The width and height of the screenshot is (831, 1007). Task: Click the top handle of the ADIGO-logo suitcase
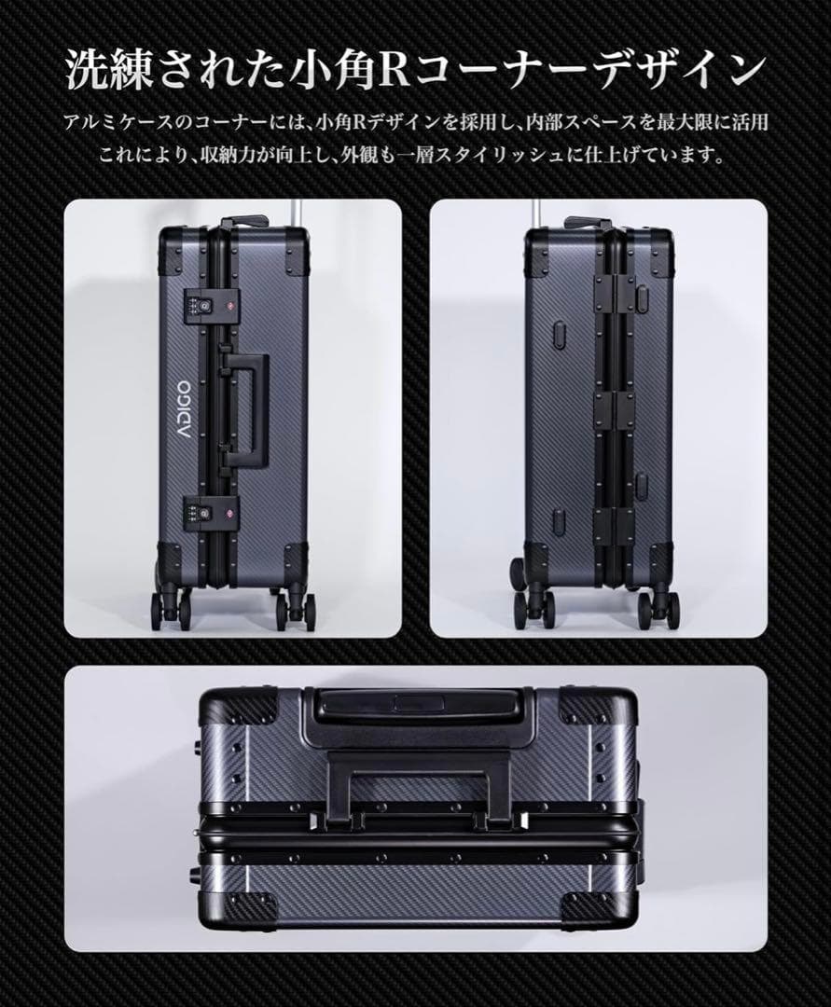244,223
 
